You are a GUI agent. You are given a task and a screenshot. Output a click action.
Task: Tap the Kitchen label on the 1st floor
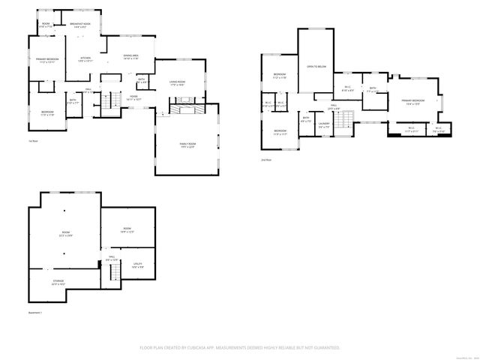85,59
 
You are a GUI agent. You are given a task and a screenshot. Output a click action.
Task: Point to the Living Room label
177,83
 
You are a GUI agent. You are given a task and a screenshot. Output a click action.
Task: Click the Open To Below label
316,67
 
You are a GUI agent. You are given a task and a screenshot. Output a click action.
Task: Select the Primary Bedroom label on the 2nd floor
412,101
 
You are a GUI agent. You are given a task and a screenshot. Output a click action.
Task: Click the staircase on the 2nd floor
344,118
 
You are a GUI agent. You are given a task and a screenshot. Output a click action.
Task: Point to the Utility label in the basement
138,265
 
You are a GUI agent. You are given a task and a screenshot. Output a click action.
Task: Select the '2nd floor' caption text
265,160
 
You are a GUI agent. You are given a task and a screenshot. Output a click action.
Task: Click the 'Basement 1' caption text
36,312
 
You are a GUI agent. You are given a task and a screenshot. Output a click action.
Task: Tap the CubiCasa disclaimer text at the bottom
240,348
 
